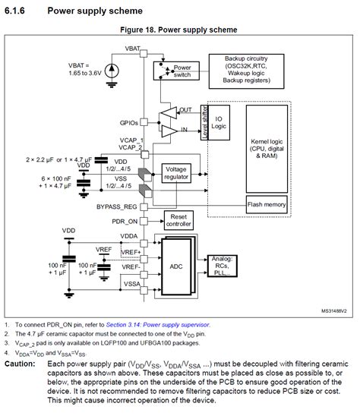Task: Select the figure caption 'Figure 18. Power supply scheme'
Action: point(178,30)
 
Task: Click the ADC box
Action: point(176,267)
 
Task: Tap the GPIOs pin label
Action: point(128,122)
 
